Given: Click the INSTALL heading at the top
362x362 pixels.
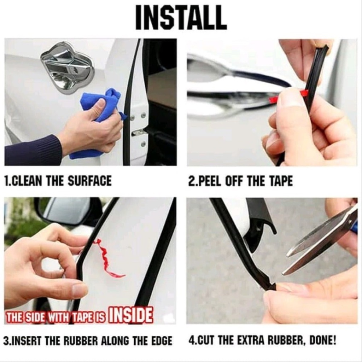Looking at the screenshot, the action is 181,18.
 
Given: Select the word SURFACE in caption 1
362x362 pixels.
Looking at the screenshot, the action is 89,180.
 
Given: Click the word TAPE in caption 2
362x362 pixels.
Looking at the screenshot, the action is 281,181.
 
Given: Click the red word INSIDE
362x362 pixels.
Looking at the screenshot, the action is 130,315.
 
